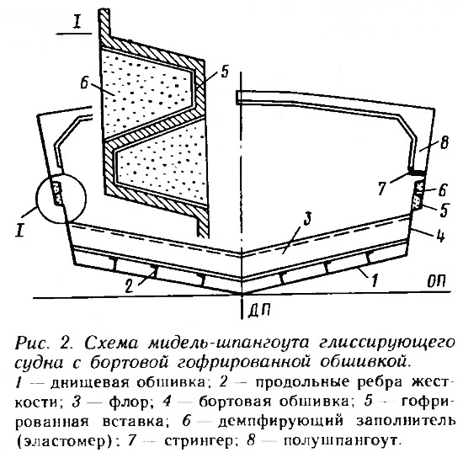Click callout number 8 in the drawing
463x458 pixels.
tap(443, 142)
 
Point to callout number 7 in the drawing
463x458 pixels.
tap(383, 188)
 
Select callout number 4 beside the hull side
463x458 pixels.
tap(440, 236)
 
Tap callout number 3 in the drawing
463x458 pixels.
tap(307, 219)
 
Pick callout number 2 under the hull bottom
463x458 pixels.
tap(129, 285)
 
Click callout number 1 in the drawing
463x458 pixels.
tap(374, 280)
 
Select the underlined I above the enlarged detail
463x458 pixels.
tap(77, 23)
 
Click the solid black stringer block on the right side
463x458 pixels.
tap(417, 171)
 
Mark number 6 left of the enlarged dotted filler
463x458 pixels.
tap(85, 83)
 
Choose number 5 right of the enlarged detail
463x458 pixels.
tap(225, 71)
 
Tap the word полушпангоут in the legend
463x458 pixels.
tap(340, 440)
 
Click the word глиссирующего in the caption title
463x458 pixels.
tap(386, 344)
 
